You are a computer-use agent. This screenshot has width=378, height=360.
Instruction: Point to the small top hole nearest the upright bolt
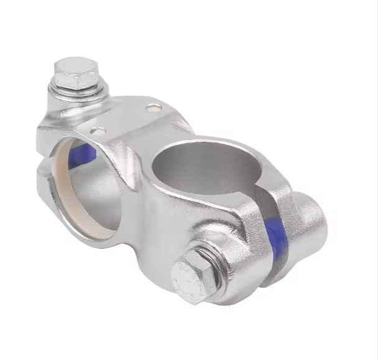click(x=153, y=108)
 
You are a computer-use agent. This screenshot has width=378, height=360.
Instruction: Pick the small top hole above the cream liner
click(x=97, y=131)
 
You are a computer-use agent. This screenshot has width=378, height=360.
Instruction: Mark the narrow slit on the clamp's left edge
click(x=40, y=159)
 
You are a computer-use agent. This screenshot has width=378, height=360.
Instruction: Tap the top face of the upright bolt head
click(x=75, y=64)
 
